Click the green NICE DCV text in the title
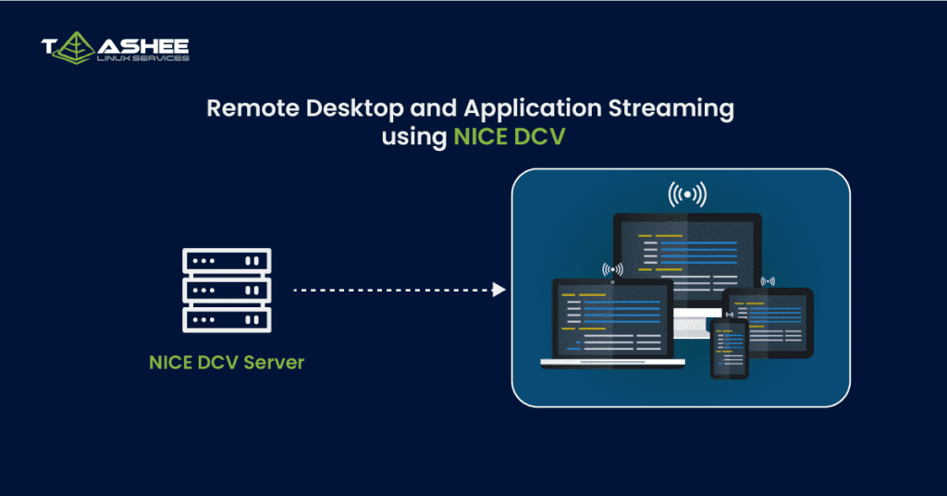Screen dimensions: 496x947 click(509, 138)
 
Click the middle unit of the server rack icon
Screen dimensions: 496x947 click(227, 290)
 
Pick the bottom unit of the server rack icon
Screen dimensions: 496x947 click(227, 319)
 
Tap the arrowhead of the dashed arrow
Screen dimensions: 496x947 click(499, 290)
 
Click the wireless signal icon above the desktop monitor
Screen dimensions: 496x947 click(687, 194)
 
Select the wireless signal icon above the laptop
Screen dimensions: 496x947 click(612, 269)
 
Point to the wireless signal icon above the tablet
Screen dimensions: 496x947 click(767, 280)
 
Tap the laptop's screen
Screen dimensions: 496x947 click(611, 318)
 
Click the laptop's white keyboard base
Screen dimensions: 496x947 click(610, 362)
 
